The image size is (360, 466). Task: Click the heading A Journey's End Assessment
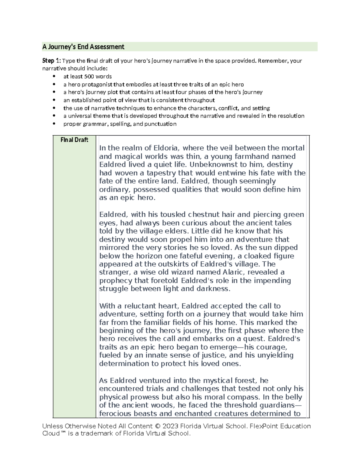click(83, 47)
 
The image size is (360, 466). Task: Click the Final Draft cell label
click(74, 140)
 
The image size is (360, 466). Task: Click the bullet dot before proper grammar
click(54, 124)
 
